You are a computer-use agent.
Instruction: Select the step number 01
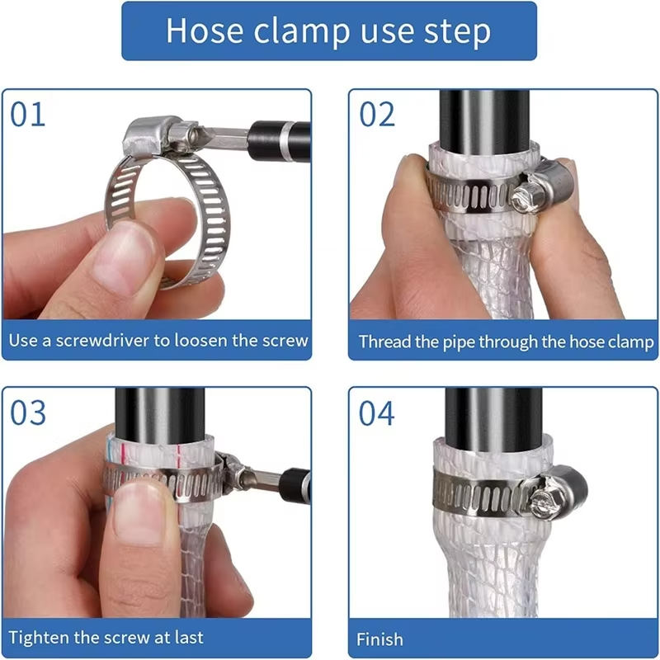(29, 115)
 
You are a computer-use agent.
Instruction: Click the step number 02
(377, 115)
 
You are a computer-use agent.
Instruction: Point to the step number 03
(29, 412)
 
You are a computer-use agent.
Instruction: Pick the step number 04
(377, 413)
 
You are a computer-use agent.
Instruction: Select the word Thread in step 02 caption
(384, 342)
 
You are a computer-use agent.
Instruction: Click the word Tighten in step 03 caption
(38, 637)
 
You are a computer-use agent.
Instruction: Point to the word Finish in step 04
(379, 639)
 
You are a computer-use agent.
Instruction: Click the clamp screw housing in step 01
(148, 136)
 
